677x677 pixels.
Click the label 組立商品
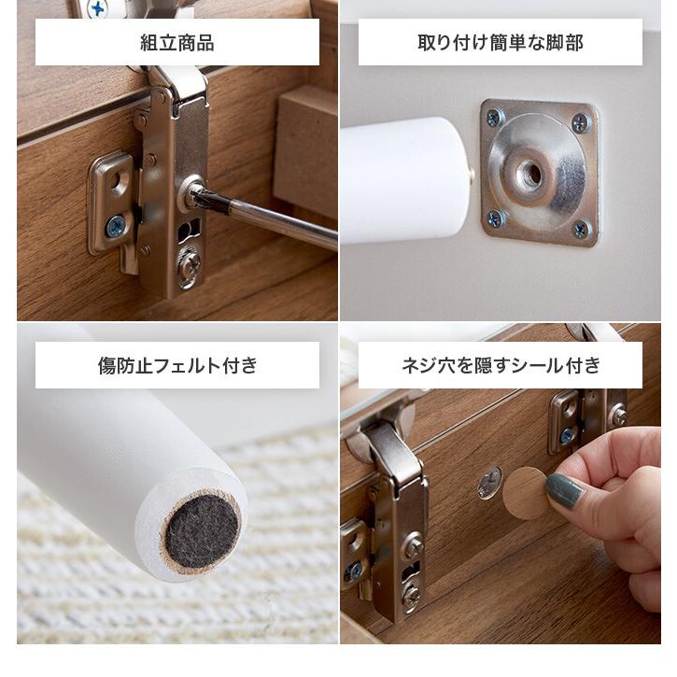coord(176,42)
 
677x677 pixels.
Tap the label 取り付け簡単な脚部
coord(500,42)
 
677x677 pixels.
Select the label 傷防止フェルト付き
coord(176,365)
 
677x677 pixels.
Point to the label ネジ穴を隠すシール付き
coord(500,365)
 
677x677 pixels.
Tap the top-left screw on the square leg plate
coord(493,118)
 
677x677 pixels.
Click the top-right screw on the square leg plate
coord(580,122)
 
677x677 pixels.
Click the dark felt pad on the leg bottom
coord(201,529)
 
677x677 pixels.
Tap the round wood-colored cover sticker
coord(526,492)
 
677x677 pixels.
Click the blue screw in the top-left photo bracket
coord(116,226)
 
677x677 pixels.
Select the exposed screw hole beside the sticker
coord(489,483)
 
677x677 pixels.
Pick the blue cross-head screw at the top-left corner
coord(97,9)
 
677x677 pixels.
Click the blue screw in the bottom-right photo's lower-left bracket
coord(355,571)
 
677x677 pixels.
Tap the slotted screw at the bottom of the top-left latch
coord(190,268)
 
